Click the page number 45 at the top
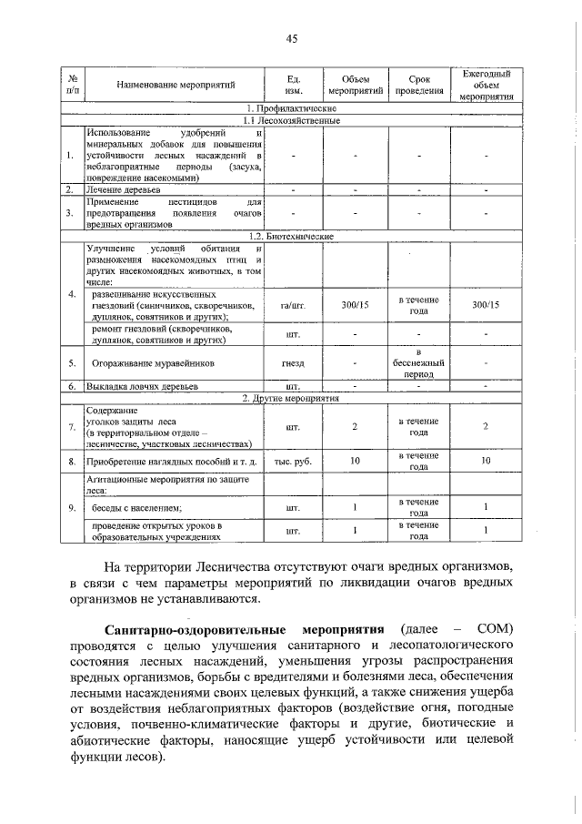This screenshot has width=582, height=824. pyautogui.click(x=292, y=38)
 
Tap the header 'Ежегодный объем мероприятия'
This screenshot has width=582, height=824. pyautogui.click(x=487, y=85)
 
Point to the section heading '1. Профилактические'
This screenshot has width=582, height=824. pyautogui.click(x=291, y=109)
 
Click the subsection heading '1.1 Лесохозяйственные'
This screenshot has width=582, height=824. pyautogui.click(x=291, y=120)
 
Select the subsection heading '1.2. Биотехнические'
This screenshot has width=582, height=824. pyautogui.click(x=291, y=236)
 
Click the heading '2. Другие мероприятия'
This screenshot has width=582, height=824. pyautogui.click(x=291, y=398)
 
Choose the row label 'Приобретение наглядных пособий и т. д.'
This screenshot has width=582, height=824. pyautogui.click(x=173, y=462)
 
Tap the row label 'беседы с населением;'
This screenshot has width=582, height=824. pyautogui.click(x=134, y=507)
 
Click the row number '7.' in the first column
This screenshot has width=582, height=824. pyautogui.click(x=71, y=427)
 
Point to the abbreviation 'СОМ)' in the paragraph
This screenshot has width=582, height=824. pyautogui.click(x=494, y=630)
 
